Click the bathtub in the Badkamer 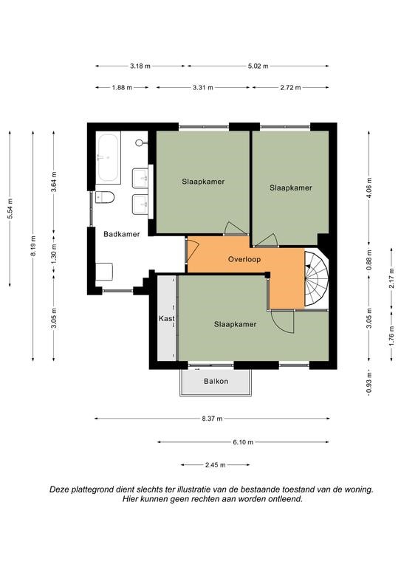(108, 158)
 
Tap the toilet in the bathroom (105, 197)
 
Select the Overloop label (244, 259)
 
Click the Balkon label (216, 381)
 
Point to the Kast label (167, 319)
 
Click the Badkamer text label (122, 234)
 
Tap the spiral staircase (316, 278)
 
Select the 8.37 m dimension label (212, 419)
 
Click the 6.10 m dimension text (243, 442)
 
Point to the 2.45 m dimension (215, 465)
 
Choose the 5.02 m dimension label (258, 66)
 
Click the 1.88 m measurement (122, 88)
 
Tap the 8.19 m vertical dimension (33, 246)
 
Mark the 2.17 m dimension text (391, 278)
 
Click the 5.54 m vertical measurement (10, 209)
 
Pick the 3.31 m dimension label (203, 88)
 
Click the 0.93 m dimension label (369, 383)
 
